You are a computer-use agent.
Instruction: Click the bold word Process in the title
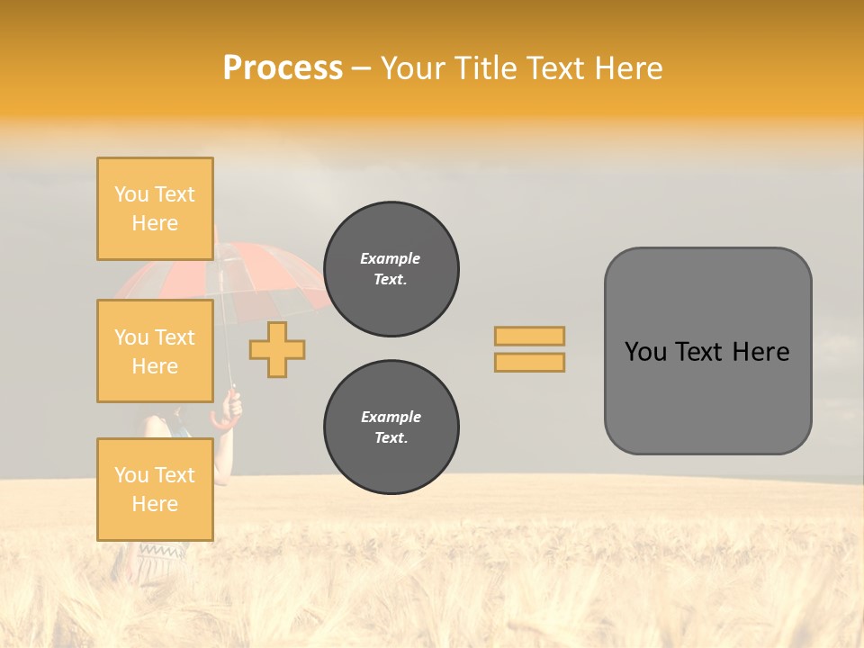[283, 68]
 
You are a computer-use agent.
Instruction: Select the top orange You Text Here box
[155, 209]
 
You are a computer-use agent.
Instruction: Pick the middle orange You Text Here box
[155, 351]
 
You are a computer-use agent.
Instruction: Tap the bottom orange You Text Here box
[155, 489]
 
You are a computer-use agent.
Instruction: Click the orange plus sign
[277, 348]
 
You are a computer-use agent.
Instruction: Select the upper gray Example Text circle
[391, 269]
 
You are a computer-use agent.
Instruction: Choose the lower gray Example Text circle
[391, 427]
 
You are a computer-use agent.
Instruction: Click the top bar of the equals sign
[529, 336]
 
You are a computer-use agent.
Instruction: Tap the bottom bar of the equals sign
[529, 362]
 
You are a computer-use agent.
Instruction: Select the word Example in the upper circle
[391, 258]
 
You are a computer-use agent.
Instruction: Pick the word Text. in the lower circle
[391, 438]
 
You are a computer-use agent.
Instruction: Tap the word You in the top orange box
[130, 194]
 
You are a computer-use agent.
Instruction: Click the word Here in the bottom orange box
[155, 504]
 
